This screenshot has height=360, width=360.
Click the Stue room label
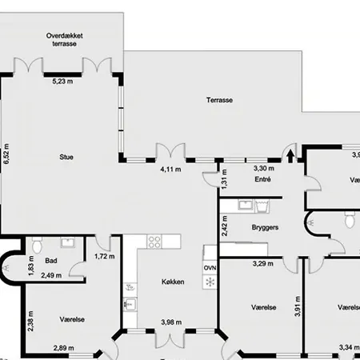coord(66,157)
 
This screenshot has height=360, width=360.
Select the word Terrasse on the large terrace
coord(218,101)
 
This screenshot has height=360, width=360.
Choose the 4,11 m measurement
coord(170,170)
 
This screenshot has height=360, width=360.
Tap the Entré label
coord(263,180)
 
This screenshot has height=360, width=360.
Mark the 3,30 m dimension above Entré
coord(264,169)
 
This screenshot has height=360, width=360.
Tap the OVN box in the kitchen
coord(210,268)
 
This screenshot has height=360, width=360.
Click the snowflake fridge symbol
coord(210,282)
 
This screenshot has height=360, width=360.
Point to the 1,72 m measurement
coord(105,257)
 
